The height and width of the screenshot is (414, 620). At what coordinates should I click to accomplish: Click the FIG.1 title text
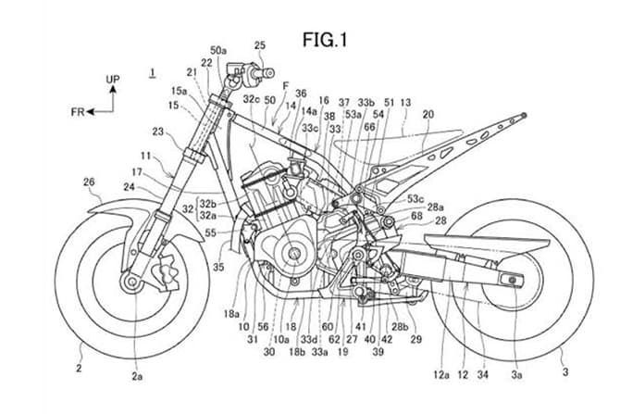pos(329,40)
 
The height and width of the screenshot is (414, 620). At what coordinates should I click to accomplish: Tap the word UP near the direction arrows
pos(112,81)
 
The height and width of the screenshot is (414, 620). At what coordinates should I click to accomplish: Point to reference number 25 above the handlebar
pos(259,45)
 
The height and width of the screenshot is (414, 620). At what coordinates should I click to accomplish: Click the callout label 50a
pos(218,50)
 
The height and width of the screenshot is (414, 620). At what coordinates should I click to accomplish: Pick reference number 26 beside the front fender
pos(90,182)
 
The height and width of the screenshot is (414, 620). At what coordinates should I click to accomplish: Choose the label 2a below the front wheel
pos(137,377)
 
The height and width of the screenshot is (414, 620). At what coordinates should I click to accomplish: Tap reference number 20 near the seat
pos(428,114)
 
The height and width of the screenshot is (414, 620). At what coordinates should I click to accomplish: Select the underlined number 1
pos(153,71)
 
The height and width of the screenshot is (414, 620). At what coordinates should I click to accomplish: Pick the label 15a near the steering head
pos(178,91)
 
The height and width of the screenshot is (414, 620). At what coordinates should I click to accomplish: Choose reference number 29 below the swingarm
pos(415,340)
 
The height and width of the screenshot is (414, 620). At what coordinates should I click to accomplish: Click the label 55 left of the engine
pos(212,233)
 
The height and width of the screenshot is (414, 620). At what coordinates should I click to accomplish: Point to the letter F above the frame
pos(286,85)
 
